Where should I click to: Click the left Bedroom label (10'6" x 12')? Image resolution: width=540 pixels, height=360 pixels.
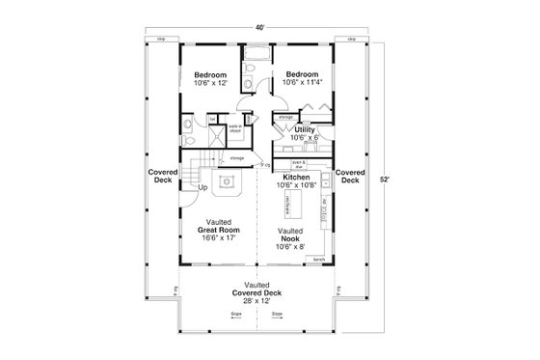(209, 79)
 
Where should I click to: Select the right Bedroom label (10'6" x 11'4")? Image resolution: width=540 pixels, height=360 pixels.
(302, 79)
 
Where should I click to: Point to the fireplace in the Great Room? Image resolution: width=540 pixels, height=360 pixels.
(228, 180)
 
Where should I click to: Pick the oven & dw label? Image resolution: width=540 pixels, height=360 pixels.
(299, 163)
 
